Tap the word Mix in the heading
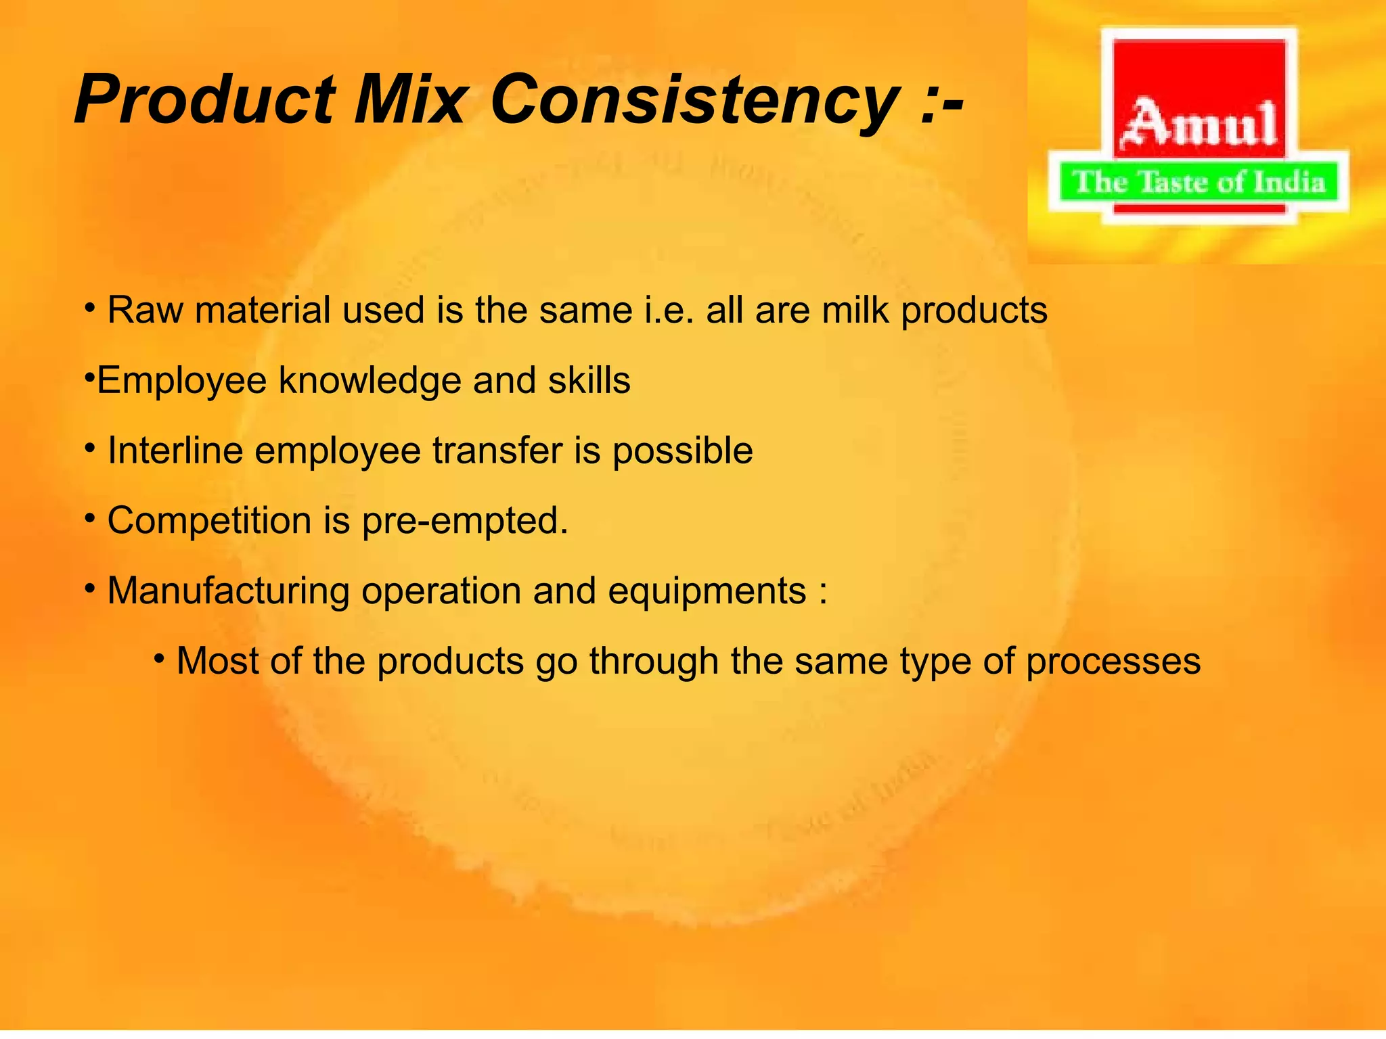pyautogui.click(x=409, y=100)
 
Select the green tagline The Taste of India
pyautogui.click(x=1199, y=183)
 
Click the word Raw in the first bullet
pyautogui.click(x=144, y=311)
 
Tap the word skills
pyautogui.click(x=589, y=381)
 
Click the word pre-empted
pyautogui.click(x=464, y=522)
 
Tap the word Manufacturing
pyautogui.click(x=227, y=591)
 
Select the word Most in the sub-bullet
pyautogui.click(x=217, y=661)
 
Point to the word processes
pyautogui.click(x=1113, y=662)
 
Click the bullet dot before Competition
pyautogui.click(x=90, y=519)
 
